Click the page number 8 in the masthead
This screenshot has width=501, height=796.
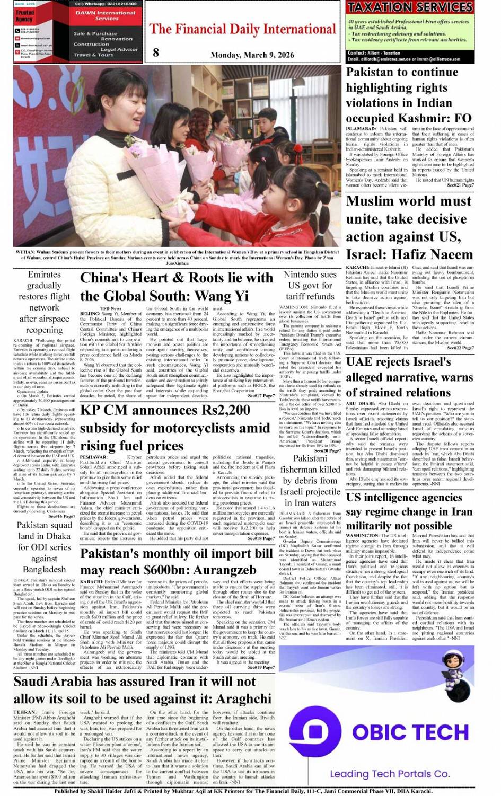click(x=155, y=52)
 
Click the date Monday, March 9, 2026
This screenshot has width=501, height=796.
click(x=252, y=55)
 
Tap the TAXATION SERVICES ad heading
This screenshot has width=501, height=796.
click(x=409, y=7)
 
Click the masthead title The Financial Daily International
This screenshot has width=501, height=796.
click(x=242, y=29)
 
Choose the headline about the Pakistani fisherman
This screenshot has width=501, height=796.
click(x=310, y=480)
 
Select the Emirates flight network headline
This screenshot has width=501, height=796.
click(x=44, y=302)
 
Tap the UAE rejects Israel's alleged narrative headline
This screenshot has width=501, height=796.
click(x=409, y=377)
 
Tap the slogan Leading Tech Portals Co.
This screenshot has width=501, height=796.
click(x=389, y=774)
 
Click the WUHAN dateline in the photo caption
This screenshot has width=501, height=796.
click(x=25, y=252)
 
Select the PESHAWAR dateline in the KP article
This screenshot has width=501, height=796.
click(x=93, y=457)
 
